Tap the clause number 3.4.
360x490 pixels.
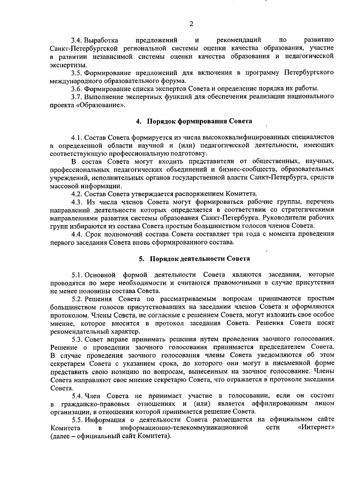tap(77, 40)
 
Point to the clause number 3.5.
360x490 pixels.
tap(77, 73)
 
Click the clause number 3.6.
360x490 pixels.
tap(77, 89)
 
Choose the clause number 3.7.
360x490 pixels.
tap(77, 97)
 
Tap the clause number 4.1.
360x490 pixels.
tap(77, 138)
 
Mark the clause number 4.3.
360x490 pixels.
tap(77, 201)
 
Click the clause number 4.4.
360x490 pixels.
tap(77, 234)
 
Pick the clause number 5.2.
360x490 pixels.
tap(77, 299)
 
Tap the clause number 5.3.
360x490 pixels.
tap(77, 339)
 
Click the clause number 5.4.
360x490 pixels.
tap(77, 396)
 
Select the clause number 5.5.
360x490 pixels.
tap(77, 419)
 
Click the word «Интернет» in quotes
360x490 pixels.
tap(316, 427)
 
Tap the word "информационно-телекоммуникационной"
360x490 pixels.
tap(184, 427)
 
